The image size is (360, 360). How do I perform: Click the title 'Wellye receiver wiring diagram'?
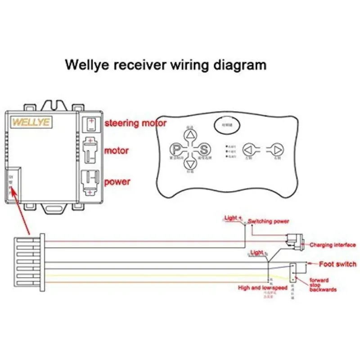pyautogui.click(x=166, y=65)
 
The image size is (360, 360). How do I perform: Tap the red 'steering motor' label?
pyautogui.click(x=135, y=123)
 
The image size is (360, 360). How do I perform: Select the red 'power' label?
pyautogui.click(x=117, y=182)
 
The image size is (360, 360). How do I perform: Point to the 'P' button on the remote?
pyautogui.click(x=176, y=149)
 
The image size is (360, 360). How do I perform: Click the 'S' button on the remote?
pyautogui.click(x=204, y=149)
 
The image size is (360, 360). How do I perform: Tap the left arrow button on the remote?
pyautogui.click(x=248, y=149)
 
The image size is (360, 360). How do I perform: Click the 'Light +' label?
pyautogui.click(x=232, y=218)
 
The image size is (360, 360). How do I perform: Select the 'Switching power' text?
pyautogui.click(x=269, y=221)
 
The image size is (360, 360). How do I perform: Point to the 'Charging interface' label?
pyautogui.click(x=333, y=245)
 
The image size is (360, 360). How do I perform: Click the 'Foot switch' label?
pyautogui.click(x=337, y=264)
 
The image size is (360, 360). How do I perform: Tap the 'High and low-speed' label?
pyautogui.click(x=262, y=288)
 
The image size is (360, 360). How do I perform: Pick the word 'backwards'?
pyautogui.click(x=323, y=290)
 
